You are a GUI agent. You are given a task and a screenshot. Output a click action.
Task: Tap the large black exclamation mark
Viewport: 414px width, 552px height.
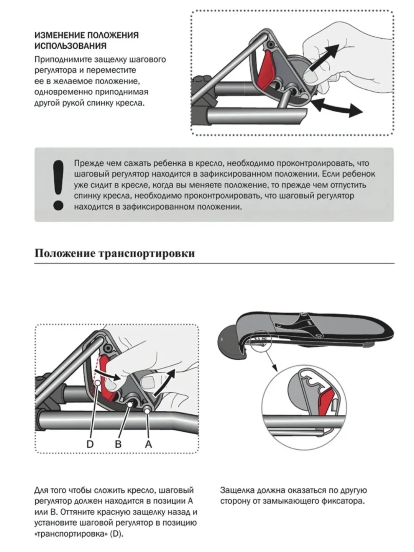pos(58,185)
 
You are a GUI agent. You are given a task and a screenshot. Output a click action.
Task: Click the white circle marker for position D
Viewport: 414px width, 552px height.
pos(97,383)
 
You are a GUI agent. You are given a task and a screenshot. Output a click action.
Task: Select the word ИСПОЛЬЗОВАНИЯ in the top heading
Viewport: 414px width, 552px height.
pos(71,46)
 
